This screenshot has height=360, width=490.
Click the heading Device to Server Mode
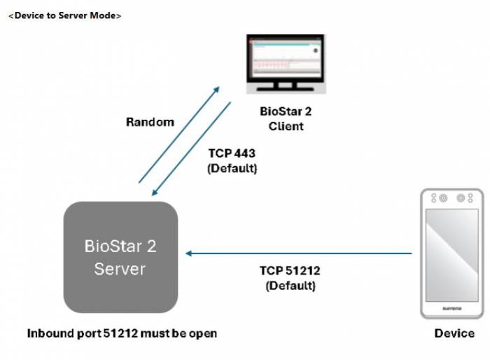coord(64,15)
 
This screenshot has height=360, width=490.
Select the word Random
coord(150,122)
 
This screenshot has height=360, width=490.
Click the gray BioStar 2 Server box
coord(120,257)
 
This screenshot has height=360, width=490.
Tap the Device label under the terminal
coord(454,333)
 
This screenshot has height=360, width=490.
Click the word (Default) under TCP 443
coord(233,169)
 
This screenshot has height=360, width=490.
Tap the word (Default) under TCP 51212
coord(290,286)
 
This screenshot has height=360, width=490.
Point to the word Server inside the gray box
coord(120,268)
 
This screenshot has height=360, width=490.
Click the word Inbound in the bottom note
coord(50,333)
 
